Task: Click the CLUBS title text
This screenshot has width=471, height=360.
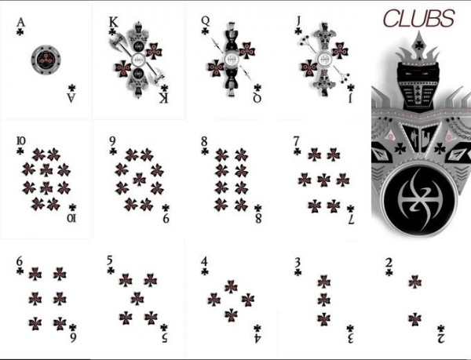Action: (418, 18)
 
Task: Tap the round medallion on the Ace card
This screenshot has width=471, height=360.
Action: (46, 60)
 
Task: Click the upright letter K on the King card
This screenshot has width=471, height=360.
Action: (114, 22)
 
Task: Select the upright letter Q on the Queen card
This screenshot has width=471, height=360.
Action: (206, 20)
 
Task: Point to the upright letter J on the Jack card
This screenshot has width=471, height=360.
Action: (298, 21)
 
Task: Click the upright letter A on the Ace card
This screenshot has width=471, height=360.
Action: (20, 22)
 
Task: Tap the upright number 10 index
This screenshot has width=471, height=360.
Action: (20, 140)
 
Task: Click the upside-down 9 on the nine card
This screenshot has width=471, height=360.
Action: (166, 218)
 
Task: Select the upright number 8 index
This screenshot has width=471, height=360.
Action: (204, 140)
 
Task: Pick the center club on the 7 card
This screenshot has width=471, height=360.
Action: (323, 180)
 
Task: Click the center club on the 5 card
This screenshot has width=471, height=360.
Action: (137, 299)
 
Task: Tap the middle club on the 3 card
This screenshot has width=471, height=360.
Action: (323, 300)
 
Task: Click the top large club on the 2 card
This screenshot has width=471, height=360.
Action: (414, 282)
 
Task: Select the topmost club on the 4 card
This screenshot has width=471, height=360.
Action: (231, 286)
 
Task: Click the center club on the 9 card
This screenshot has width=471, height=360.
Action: (140, 179)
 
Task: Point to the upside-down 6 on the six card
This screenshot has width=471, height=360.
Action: (73, 338)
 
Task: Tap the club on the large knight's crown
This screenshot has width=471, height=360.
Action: (418, 45)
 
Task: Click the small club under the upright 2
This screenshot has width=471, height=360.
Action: (389, 272)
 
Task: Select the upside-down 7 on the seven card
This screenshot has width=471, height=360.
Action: (351, 220)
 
